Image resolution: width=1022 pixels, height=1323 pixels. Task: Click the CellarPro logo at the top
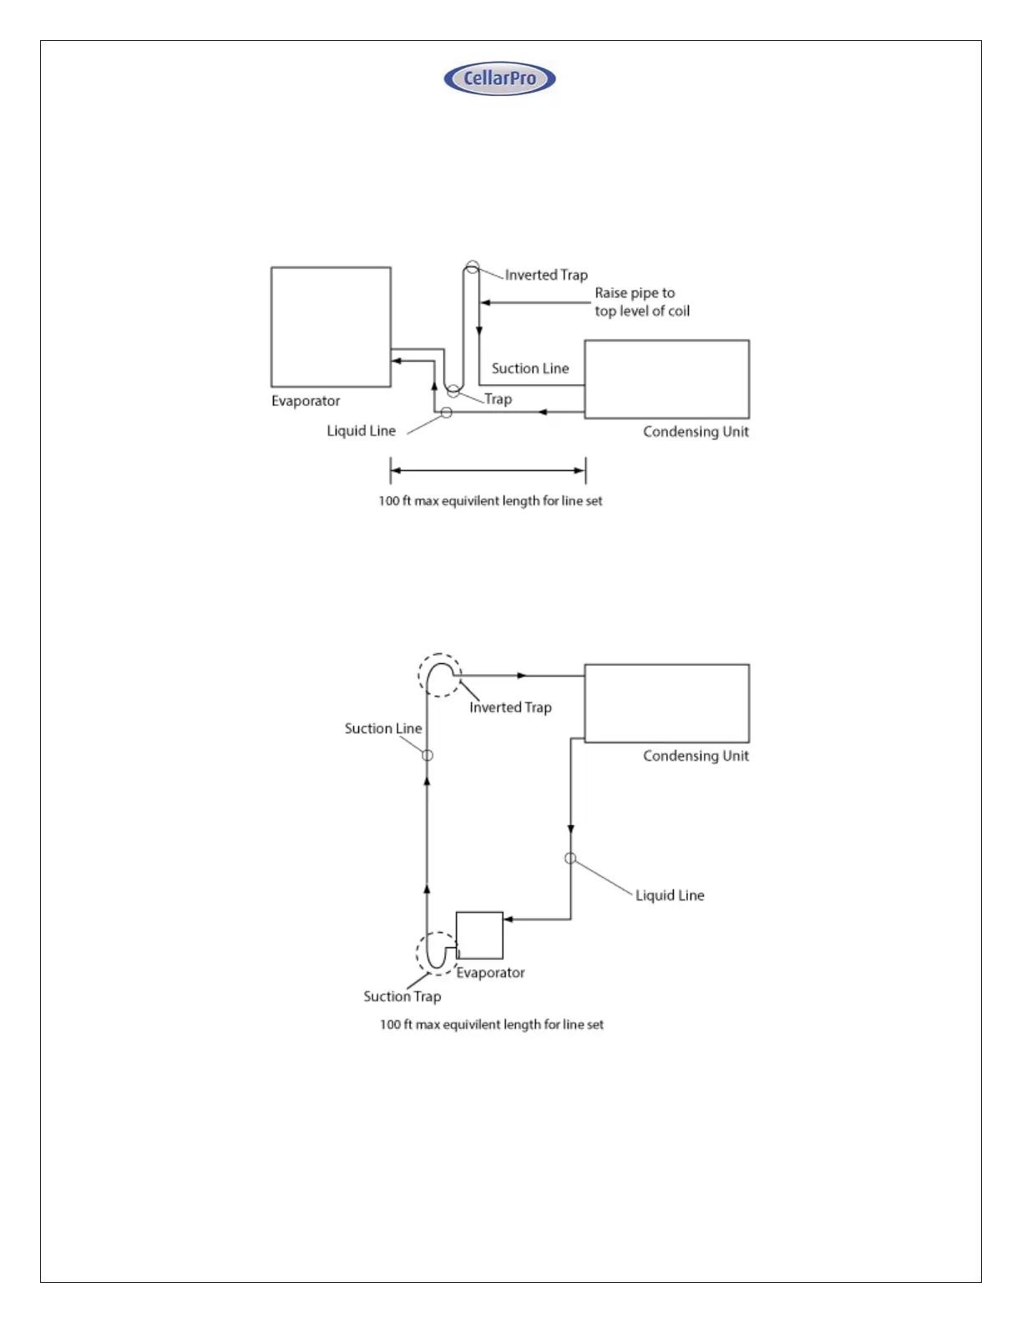point(499,79)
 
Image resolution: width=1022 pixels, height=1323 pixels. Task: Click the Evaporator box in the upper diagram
point(331,327)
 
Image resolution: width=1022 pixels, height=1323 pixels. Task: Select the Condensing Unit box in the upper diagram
point(666,379)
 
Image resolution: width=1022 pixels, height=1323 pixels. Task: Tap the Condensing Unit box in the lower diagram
point(666,703)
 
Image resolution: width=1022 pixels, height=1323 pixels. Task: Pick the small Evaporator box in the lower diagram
point(479,935)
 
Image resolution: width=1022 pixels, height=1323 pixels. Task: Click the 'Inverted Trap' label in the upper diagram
point(546,275)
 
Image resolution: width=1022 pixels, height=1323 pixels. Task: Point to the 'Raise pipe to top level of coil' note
point(641,302)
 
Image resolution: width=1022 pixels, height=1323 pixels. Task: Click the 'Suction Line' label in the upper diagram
point(529,368)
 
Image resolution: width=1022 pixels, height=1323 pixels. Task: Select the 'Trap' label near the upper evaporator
point(498,399)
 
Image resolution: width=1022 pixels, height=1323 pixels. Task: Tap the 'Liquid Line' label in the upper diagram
point(361,431)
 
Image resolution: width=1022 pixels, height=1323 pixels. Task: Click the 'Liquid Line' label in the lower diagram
point(670,895)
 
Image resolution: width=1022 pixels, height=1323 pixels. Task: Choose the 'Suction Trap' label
point(402,996)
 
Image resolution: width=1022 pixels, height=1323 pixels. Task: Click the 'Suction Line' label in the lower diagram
point(382,728)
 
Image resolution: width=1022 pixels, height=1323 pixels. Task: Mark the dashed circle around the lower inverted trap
point(439,675)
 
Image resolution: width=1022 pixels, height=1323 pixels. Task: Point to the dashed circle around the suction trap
point(437,953)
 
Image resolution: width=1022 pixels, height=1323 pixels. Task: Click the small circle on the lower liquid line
point(570,858)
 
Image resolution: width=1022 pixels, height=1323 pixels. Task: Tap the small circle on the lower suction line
point(428,755)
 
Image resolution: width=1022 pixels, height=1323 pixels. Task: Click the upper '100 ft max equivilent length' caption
point(490,501)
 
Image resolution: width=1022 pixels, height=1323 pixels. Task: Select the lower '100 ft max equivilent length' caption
point(491,1025)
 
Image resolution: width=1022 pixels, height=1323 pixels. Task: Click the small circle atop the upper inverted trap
point(472,267)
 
